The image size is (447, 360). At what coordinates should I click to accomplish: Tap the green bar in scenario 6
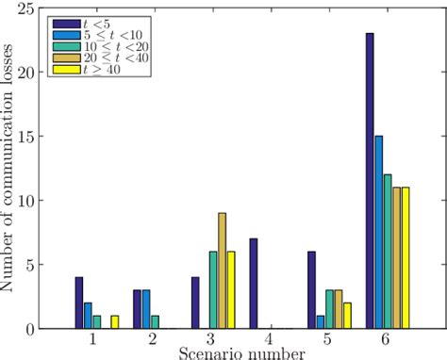[x=388, y=252]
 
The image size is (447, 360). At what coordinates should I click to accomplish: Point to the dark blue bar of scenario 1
[x=79, y=303]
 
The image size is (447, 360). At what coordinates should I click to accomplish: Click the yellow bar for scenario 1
[x=115, y=322]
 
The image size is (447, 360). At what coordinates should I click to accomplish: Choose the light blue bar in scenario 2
[x=144, y=309]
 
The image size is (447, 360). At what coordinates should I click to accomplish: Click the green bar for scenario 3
[x=213, y=290]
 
